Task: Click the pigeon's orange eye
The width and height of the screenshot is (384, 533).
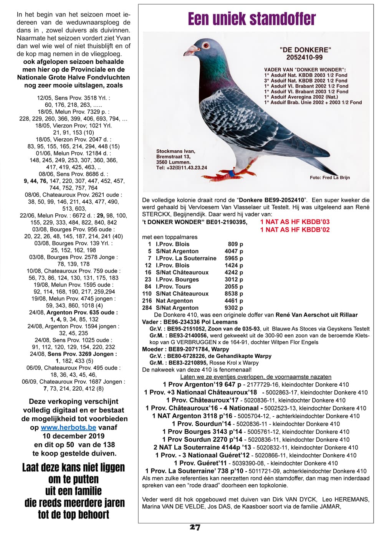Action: coord(206,45)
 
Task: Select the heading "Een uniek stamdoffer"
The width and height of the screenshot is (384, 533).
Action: coord(252,19)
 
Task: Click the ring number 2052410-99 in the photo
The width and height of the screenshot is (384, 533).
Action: coord(305,57)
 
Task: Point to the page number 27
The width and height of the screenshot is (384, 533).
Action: coord(195,527)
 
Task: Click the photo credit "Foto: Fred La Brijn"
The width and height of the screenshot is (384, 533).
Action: coord(330,178)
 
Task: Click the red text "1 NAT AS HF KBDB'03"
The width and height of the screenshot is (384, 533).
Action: coord(295,222)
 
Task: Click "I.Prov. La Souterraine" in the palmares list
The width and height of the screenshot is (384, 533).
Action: coord(186,258)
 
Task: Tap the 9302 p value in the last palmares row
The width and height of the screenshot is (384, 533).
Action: coord(234,308)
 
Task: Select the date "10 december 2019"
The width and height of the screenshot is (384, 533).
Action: coord(73,436)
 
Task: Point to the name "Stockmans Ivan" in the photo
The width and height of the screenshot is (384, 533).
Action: coord(175,151)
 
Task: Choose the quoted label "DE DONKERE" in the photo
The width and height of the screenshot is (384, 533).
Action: coord(305,50)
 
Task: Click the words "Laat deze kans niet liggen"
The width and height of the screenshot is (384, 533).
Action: coord(73,467)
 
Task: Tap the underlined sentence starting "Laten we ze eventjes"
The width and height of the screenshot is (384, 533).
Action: coord(255,377)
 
